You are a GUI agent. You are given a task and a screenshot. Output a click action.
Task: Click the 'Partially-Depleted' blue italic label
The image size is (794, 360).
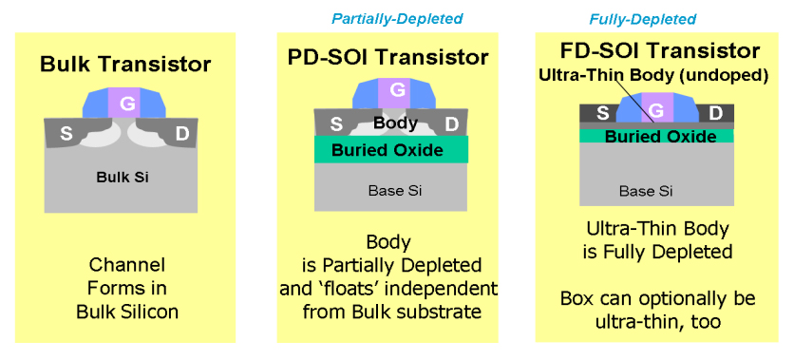tap(397, 19)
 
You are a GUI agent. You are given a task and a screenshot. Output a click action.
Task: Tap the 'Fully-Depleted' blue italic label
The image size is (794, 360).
tap(643, 19)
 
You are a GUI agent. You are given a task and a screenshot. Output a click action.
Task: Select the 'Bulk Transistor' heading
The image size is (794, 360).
tap(125, 65)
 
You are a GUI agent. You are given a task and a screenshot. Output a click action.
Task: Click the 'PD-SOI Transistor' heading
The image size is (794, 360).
tap(388, 57)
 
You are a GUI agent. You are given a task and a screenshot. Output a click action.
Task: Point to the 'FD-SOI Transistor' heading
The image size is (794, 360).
tap(660, 50)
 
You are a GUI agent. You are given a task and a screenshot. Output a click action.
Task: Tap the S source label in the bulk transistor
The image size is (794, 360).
tap(66, 134)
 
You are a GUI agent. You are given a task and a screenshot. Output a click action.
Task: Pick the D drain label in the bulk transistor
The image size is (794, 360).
tap(181, 134)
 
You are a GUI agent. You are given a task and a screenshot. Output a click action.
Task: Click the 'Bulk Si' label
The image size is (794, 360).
tap(123, 178)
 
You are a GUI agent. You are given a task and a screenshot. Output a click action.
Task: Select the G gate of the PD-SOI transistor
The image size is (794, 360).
tap(398, 91)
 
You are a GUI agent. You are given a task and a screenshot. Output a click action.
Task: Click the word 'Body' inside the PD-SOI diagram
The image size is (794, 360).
tap(395, 123)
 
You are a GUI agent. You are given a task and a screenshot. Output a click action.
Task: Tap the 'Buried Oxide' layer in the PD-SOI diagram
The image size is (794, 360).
tap(390, 149)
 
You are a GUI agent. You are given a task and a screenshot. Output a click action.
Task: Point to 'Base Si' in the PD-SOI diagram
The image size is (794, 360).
tap(395, 191)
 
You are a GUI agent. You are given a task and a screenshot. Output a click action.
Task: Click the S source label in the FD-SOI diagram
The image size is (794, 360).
tap(602, 113)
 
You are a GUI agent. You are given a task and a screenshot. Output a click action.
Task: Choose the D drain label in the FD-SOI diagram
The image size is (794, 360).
tap(715, 113)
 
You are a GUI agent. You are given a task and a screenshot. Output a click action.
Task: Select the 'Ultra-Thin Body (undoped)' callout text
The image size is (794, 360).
tap(653, 76)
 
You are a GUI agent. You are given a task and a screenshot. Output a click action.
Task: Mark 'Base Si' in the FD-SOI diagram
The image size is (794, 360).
tap(646, 191)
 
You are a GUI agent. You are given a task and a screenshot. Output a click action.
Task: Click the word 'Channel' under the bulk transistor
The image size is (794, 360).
tap(127, 264)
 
